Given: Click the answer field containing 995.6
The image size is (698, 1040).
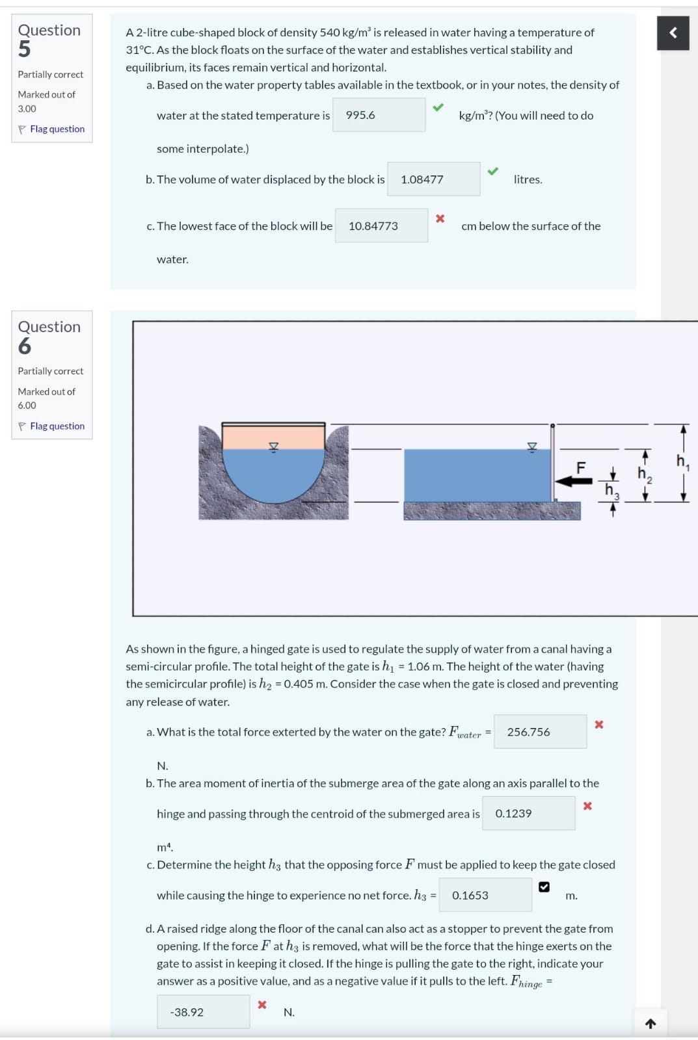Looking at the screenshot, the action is pos(379,114).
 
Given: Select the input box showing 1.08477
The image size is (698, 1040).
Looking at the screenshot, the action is pos(434,179).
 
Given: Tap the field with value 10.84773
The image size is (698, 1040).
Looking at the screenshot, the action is pos(382,226).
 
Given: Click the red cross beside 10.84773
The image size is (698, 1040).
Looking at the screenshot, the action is pos(440,218).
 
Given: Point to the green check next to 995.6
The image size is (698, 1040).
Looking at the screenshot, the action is pos(438,107).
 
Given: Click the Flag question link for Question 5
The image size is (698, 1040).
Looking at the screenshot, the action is pos(57,129).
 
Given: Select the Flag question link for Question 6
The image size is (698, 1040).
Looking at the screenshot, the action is pos(57,426).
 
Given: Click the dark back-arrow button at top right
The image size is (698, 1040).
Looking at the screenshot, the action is pos(673,33).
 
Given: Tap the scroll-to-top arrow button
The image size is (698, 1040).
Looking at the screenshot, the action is pos(651,1023).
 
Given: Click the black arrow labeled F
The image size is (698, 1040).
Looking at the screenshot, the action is pos(574,481).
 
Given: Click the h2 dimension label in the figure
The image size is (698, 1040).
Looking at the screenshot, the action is pos(645,474).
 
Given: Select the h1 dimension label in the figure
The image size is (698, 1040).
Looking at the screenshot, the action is pos(682,462).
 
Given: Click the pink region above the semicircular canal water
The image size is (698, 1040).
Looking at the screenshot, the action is pos(273,437).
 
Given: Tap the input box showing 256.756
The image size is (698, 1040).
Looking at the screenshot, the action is pos(540,732).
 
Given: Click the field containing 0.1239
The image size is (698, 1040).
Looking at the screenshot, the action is pos(528,813).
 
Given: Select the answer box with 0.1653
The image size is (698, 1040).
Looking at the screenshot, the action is pos(485,894).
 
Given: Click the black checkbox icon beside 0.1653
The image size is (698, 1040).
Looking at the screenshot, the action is pos(544,887).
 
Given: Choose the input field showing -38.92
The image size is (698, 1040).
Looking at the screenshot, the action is pos(203,1011).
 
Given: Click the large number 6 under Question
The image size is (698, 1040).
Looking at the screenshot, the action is pos(25,346).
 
